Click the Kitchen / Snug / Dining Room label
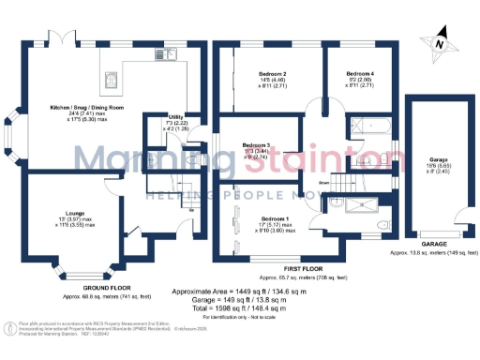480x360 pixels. pos(67,112)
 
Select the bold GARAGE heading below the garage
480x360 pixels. pos(433,243)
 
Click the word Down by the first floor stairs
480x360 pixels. pos(324,182)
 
